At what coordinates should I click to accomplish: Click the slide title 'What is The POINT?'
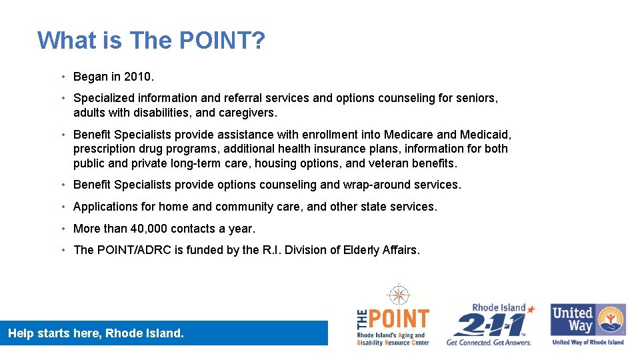(151, 41)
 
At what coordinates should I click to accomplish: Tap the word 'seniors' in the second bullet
(476, 98)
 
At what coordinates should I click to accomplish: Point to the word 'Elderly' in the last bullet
(361, 250)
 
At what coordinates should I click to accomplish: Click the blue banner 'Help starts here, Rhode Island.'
(164, 333)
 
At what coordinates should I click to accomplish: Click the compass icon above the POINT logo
(399, 294)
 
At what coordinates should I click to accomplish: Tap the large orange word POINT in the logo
(399, 319)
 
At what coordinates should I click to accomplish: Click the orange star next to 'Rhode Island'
(531, 308)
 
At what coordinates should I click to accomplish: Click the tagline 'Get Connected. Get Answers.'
(489, 342)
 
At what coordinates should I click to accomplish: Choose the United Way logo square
(587, 320)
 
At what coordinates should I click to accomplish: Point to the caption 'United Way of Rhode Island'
(587, 342)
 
